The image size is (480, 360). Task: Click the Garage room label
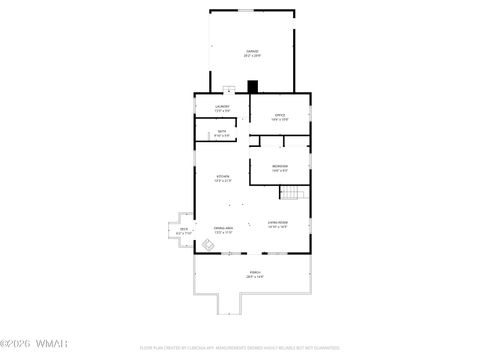pos(252,51)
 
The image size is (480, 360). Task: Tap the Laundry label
pos(223,106)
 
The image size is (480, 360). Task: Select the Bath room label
pos(222,131)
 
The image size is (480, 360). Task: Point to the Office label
pos(280,115)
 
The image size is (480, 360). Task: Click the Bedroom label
pos(280,166)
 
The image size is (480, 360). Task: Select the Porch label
pos(255,272)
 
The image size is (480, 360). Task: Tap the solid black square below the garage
pos(253,87)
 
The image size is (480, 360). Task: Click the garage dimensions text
pos(252,56)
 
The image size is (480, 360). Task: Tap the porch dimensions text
pos(255,277)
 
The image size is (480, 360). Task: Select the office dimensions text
pos(280,120)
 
